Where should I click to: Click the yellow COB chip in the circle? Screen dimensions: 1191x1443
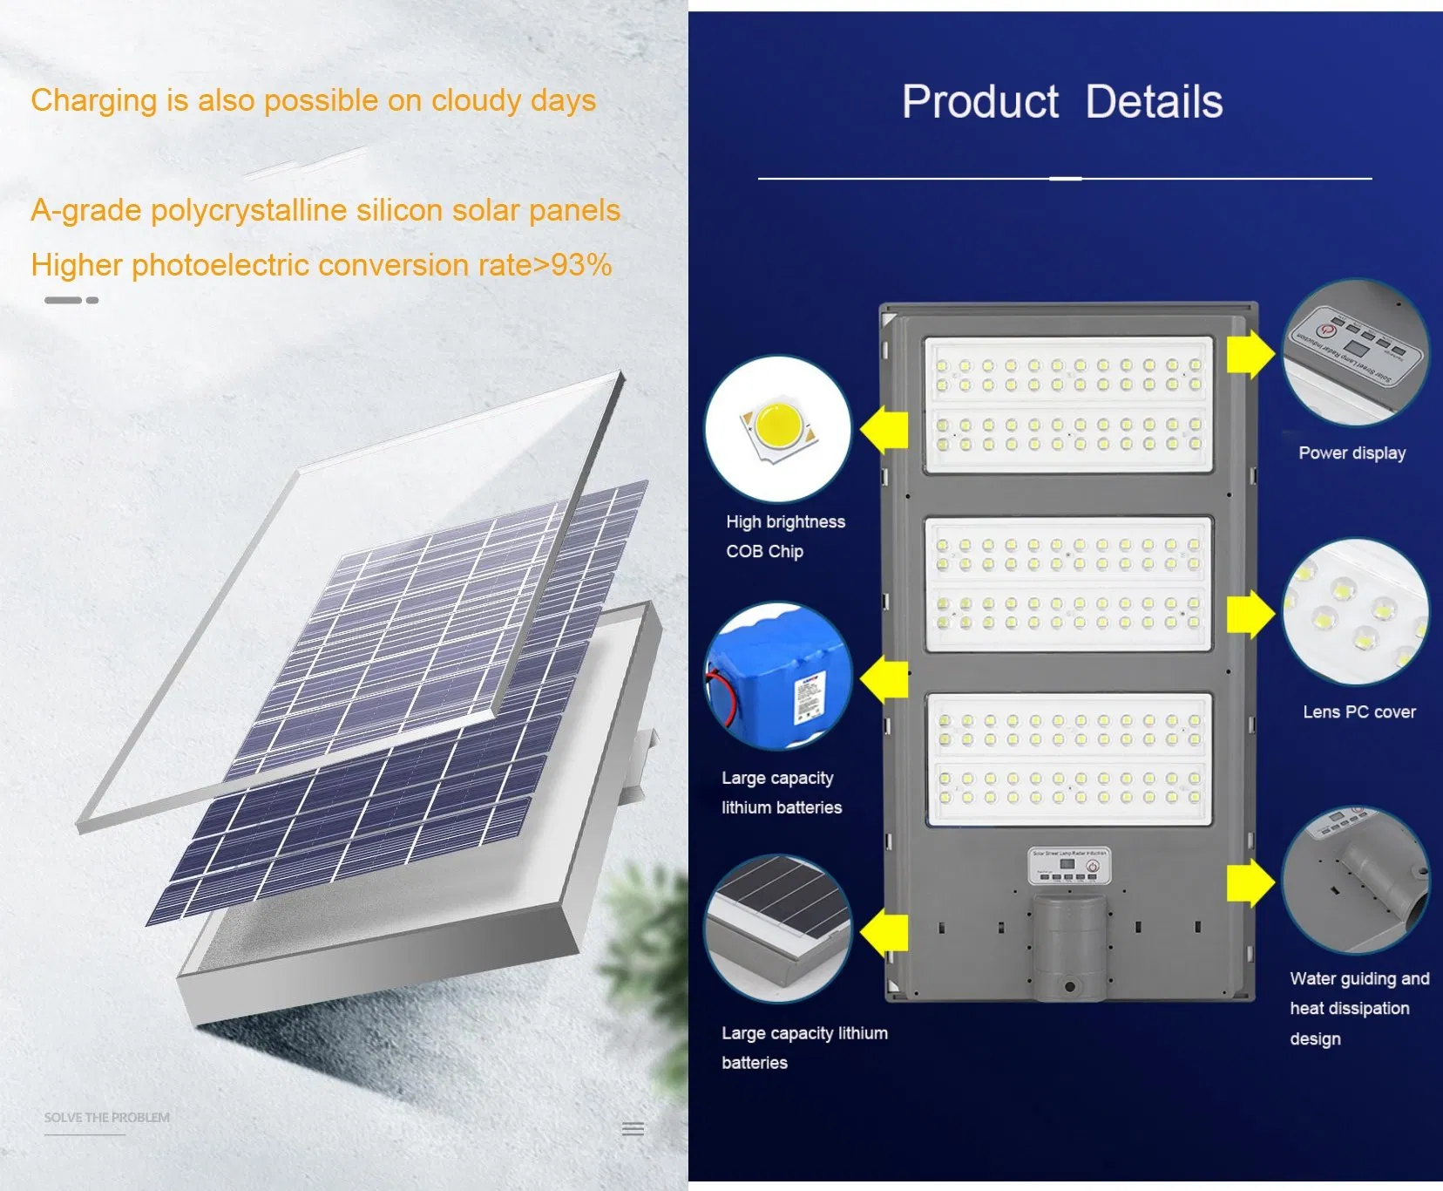(x=779, y=425)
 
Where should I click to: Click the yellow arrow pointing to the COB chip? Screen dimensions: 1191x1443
(x=884, y=430)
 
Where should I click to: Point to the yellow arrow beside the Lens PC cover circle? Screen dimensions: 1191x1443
(x=1250, y=614)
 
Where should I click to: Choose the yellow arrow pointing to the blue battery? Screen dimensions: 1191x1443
(x=884, y=679)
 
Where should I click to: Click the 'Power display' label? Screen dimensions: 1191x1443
(x=1352, y=453)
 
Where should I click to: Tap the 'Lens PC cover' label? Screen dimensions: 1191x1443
(x=1358, y=711)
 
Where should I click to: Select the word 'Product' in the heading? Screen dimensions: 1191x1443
(x=980, y=102)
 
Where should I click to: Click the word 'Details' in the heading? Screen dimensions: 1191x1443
(x=1154, y=102)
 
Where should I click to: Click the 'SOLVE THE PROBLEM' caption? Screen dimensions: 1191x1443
(x=107, y=1117)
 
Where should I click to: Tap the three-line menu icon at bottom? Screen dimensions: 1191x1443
(x=633, y=1128)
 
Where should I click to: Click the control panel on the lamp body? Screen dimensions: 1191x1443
(x=1069, y=865)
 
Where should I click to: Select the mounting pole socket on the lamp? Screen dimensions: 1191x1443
(x=1069, y=950)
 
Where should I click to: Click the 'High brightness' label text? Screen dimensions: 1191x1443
(x=785, y=521)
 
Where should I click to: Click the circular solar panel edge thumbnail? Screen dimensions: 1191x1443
(x=777, y=929)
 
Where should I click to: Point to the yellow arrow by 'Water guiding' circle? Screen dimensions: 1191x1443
(x=1250, y=883)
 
